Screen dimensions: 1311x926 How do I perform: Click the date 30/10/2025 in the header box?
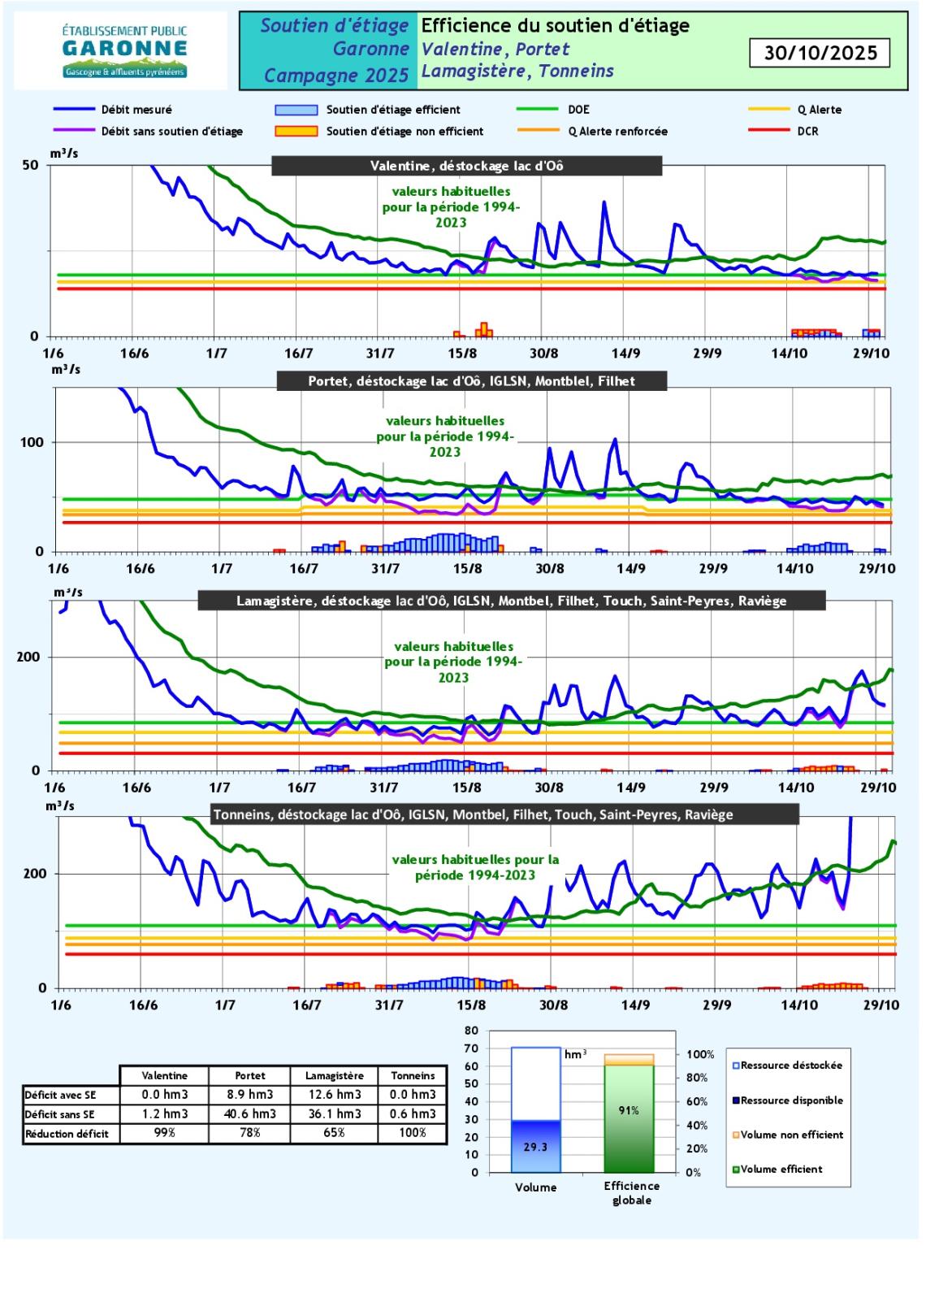pyautogui.click(x=820, y=54)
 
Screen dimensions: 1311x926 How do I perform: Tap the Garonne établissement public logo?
pyautogui.click(x=124, y=51)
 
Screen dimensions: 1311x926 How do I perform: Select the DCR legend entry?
pyautogui.click(x=807, y=131)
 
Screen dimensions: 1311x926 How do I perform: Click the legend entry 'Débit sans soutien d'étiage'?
pyautogui.click(x=171, y=131)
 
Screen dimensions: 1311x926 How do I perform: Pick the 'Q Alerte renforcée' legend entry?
pyautogui.click(x=618, y=131)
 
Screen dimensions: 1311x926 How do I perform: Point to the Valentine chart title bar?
pyautogui.click(x=466, y=166)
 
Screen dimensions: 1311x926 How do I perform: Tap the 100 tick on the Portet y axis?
pyautogui.click(x=33, y=442)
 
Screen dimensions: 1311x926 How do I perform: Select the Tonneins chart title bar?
pyautogui.click(x=473, y=814)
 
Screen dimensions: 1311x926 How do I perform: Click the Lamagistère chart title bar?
pyautogui.click(x=511, y=601)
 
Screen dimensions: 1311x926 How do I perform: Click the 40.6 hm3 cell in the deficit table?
pyautogui.click(x=250, y=1113)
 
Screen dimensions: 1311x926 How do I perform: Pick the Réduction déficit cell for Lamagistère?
pyautogui.click(x=334, y=1132)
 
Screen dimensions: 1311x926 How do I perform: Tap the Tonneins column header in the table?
pyautogui.click(x=413, y=1075)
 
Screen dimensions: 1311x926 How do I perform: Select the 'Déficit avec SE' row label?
pyautogui.click(x=60, y=1095)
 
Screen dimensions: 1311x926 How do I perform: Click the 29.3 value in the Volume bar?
pyautogui.click(x=535, y=1147)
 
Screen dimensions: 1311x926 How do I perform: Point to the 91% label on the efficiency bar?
pyautogui.click(x=629, y=1110)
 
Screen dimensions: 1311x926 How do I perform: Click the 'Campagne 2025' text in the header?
pyautogui.click(x=336, y=76)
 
